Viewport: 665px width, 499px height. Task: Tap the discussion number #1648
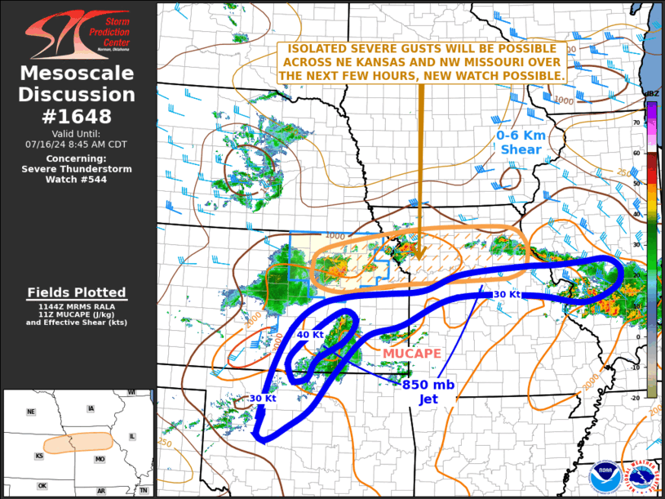point(78,116)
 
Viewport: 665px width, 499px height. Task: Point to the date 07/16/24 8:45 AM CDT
point(78,144)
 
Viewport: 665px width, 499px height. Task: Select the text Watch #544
point(78,179)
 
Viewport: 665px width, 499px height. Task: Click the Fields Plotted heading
point(78,292)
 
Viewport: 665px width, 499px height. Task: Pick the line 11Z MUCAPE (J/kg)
point(78,314)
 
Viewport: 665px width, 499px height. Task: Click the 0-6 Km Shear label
point(520,142)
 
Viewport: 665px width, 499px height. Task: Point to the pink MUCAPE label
point(412,353)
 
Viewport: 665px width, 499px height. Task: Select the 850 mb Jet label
point(428,391)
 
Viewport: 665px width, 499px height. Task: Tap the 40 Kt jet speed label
point(309,335)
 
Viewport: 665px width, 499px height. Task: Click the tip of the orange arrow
point(421,258)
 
